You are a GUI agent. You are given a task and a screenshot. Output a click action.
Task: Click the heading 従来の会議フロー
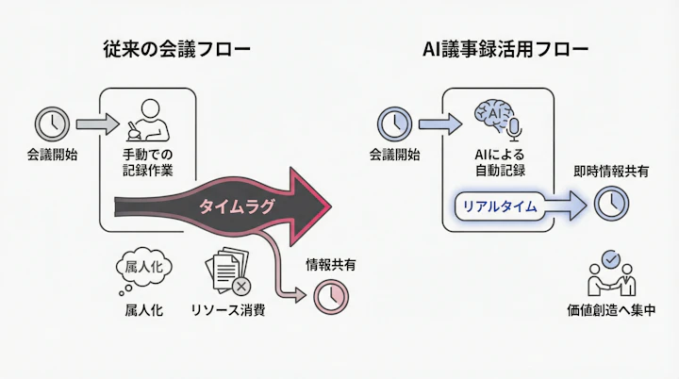[x=176, y=49]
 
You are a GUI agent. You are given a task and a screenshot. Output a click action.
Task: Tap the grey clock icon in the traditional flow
[x=51, y=124]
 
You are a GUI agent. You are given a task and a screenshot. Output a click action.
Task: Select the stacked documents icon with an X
[x=229, y=271]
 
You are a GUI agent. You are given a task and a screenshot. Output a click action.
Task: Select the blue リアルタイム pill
[x=500, y=205]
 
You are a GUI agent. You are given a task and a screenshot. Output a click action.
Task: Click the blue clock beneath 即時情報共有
[x=611, y=202]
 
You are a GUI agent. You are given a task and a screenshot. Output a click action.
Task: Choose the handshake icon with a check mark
[x=610, y=273]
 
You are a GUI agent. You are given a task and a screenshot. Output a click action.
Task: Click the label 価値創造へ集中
[x=610, y=309]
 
